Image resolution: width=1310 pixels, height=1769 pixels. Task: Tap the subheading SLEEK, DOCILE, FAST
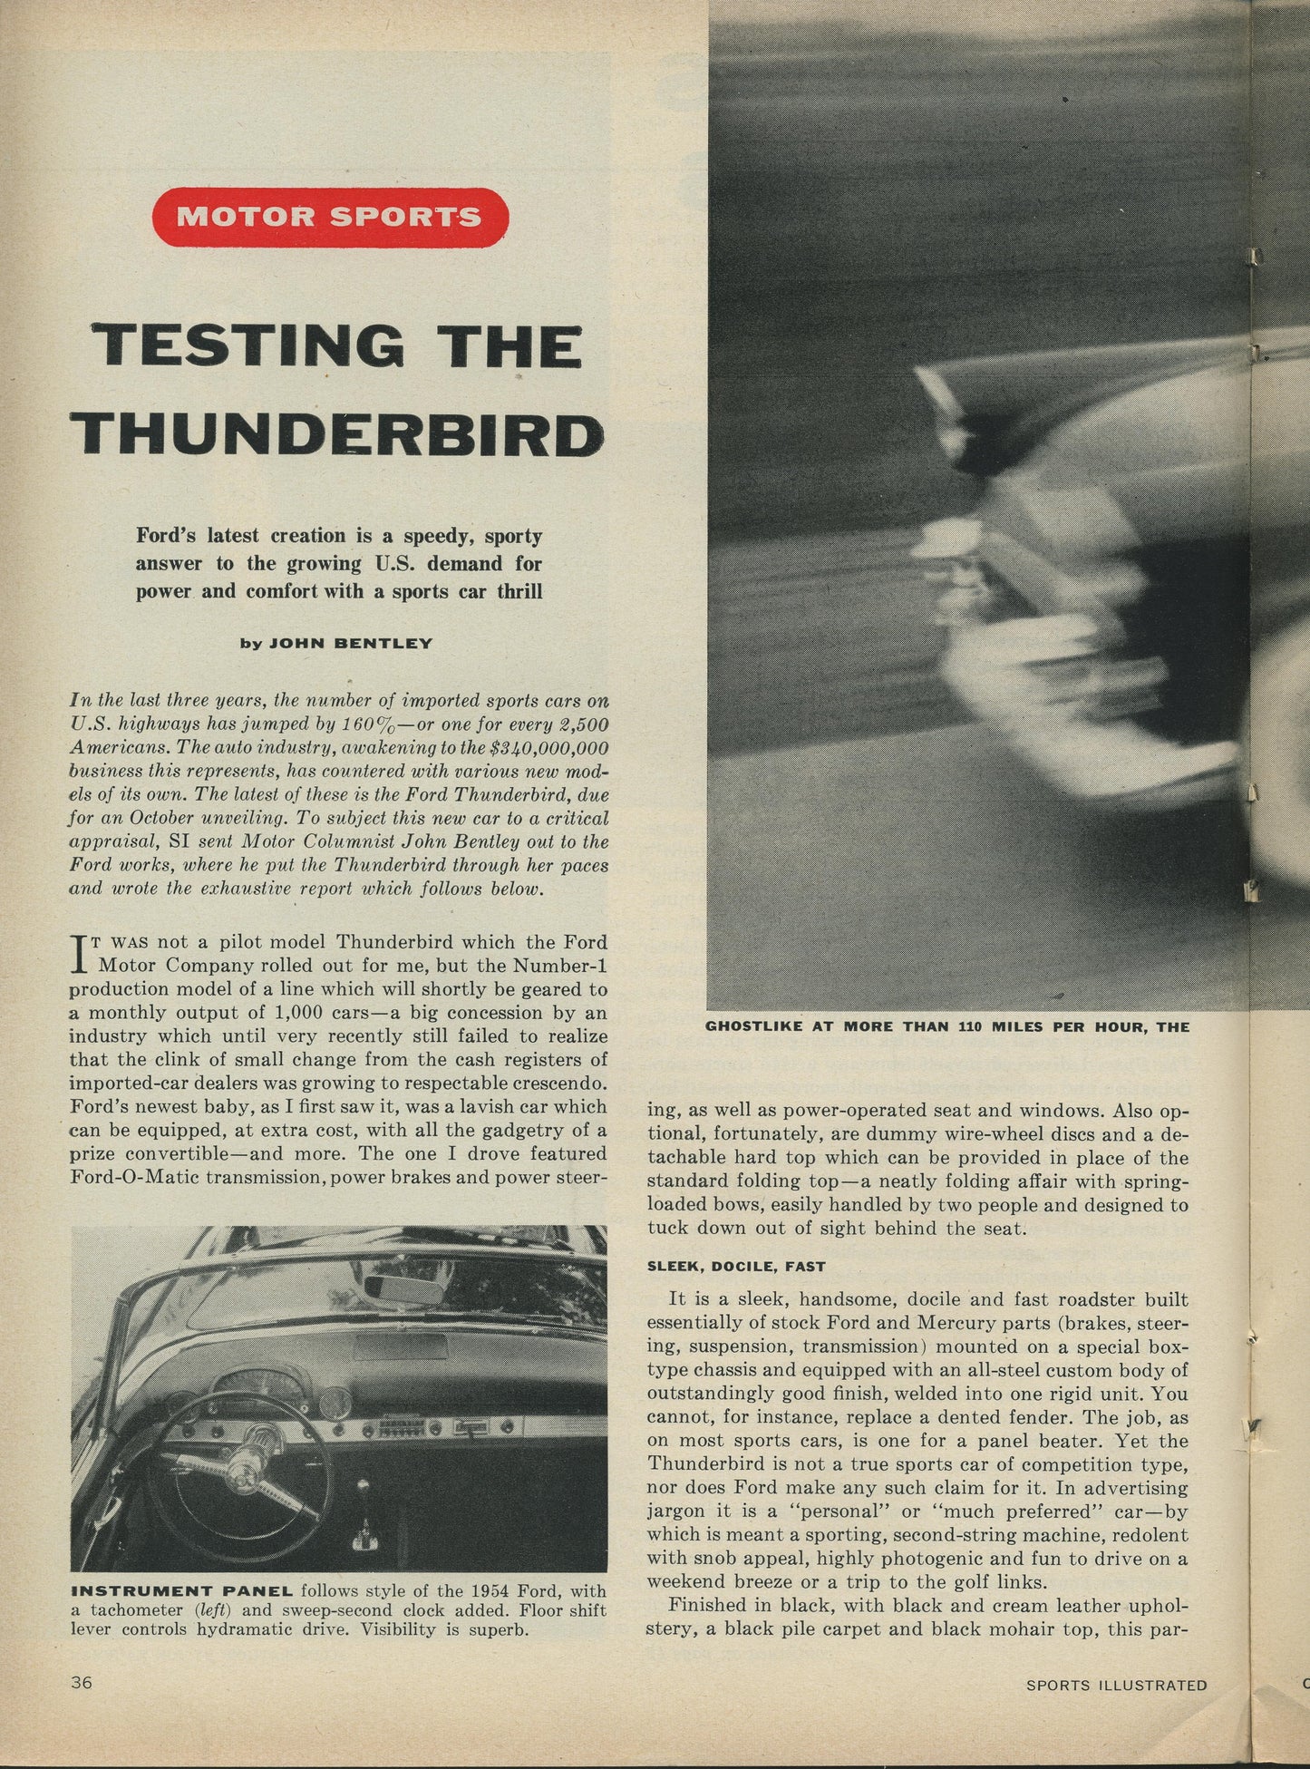[x=723, y=1265]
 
